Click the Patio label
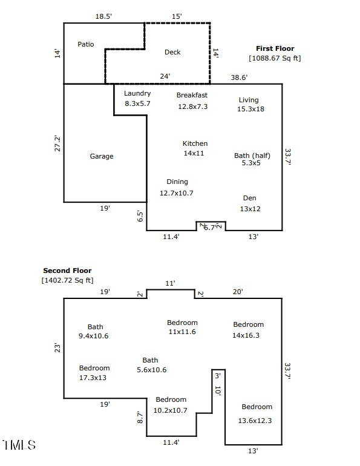[86, 45]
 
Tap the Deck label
[172, 52]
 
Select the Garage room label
[102, 156]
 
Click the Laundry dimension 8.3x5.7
[137, 104]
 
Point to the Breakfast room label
[192, 95]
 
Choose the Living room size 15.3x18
[251, 109]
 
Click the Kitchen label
[195, 143]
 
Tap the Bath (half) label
[252, 156]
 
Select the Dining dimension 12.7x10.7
[176, 193]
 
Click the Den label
[249, 198]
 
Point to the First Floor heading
[275, 48]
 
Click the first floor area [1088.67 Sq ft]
[275, 58]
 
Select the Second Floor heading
[67, 271]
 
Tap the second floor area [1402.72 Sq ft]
[67, 280]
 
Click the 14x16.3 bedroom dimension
[246, 335]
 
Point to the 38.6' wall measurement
[239, 77]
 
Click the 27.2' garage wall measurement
[57, 143]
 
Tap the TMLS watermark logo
[19, 445]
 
